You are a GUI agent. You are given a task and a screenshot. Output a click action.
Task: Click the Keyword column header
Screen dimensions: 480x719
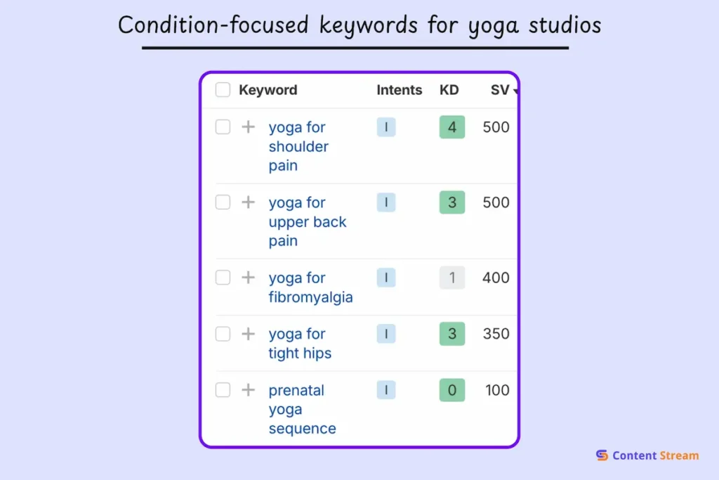click(x=268, y=90)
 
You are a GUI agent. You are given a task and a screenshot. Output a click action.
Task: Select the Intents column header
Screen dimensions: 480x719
click(x=399, y=90)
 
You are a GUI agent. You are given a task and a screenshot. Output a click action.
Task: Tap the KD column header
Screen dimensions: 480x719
click(x=449, y=90)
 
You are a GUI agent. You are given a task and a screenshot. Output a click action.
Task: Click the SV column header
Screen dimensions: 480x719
click(x=501, y=90)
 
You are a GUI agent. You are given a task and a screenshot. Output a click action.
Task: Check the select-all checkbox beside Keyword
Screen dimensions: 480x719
click(x=223, y=90)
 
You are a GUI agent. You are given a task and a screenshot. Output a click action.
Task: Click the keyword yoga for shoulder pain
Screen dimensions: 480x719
click(x=298, y=146)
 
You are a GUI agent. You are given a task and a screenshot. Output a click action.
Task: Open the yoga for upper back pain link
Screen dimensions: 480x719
click(x=308, y=221)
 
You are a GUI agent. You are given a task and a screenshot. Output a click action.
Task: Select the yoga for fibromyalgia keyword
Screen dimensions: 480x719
click(x=310, y=287)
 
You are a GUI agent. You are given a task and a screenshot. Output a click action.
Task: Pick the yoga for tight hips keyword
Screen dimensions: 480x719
click(x=300, y=343)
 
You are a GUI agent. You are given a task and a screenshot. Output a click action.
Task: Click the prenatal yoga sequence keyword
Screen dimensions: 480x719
click(x=302, y=409)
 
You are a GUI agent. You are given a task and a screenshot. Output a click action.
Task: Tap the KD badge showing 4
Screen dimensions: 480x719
click(x=452, y=127)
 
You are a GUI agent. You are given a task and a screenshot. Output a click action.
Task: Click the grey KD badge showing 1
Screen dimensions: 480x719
click(x=452, y=278)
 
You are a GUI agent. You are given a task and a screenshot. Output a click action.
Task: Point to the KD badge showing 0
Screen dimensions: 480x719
click(x=452, y=390)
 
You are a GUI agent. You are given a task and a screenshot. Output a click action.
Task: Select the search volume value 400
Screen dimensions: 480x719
click(x=496, y=278)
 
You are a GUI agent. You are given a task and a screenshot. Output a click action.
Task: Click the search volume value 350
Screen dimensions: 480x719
click(x=496, y=334)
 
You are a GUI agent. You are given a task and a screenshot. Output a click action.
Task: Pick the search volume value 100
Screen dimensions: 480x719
click(x=497, y=390)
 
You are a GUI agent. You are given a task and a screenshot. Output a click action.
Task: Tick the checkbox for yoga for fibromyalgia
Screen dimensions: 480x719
click(x=223, y=278)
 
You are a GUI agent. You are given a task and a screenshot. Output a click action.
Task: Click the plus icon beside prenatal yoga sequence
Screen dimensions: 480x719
click(x=248, y=390)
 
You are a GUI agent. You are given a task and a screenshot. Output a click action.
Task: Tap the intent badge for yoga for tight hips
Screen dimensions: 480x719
click(x=386, y=334)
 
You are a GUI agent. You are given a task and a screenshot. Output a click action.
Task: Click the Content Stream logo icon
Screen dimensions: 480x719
click(x=602, y=455)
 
